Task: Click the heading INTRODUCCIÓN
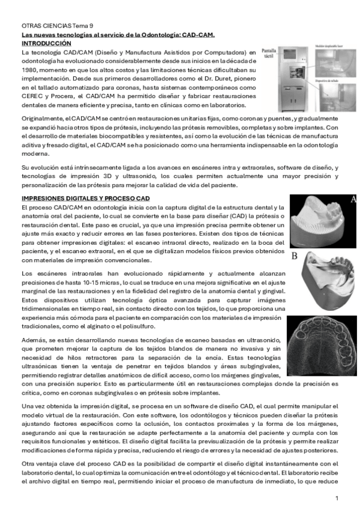(46, 45)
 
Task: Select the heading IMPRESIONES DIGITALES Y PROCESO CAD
(85, 198)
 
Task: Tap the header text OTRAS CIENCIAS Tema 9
(57, 26)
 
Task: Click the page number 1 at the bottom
(337, 499)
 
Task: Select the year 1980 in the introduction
(30, 70)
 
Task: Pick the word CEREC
(34, 96)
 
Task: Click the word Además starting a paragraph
(33, 340)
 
